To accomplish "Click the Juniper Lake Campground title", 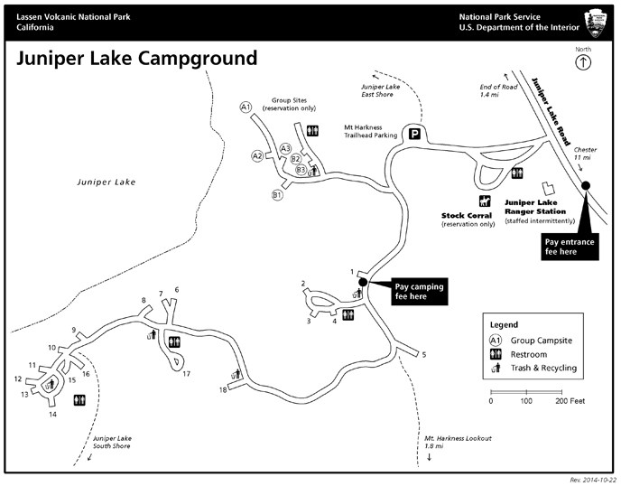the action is pos(136,59).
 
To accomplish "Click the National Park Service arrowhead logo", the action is pos(596,23).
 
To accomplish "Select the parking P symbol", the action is pos(414,134).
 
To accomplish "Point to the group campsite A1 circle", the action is pos(246,107).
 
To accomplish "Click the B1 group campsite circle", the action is pos(277,195).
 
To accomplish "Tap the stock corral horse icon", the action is pos(485,201).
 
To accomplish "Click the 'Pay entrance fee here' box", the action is pos(570,247).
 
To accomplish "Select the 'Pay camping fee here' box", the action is pos(420,292).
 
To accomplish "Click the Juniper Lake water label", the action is pos(107,182).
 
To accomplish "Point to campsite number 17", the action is pos(187,373).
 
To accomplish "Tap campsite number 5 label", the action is pos(423,354).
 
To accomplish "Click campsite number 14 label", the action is pos(52,415).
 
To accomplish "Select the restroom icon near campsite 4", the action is pos(348,314).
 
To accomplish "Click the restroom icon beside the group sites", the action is pos(312,130).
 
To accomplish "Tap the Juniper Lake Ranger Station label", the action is pos(535,207).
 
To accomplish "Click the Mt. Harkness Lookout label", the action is pos(458,442).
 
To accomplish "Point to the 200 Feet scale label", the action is pos(570,401).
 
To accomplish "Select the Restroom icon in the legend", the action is pos(496,354).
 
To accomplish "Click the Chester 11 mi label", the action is pos(585,154).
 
